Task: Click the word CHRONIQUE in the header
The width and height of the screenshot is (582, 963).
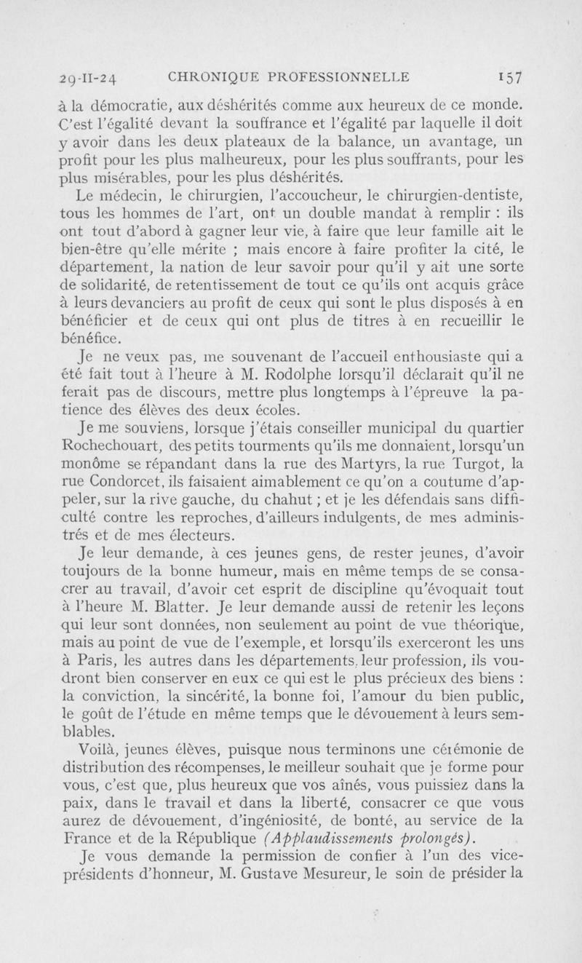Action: click(211, 74)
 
